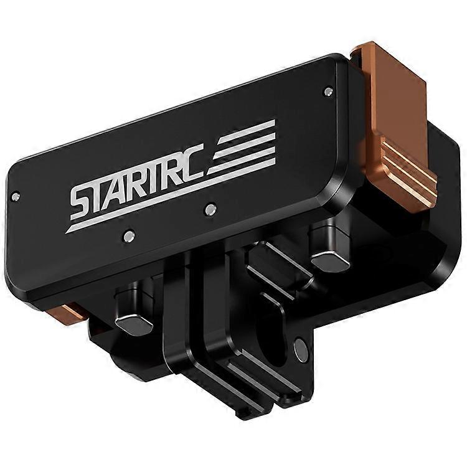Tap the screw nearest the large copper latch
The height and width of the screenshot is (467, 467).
pyautogui.click(x=328, y=92)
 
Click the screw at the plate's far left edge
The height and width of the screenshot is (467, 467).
pyautogui.click(x=16, y=196)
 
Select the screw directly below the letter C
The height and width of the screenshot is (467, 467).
pyautogui.click(x=211, y=209)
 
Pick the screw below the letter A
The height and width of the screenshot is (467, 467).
pyautogui.click(x=129, y=236)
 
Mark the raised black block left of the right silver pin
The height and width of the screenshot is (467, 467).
pyautogui.click(x=274, y=262)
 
